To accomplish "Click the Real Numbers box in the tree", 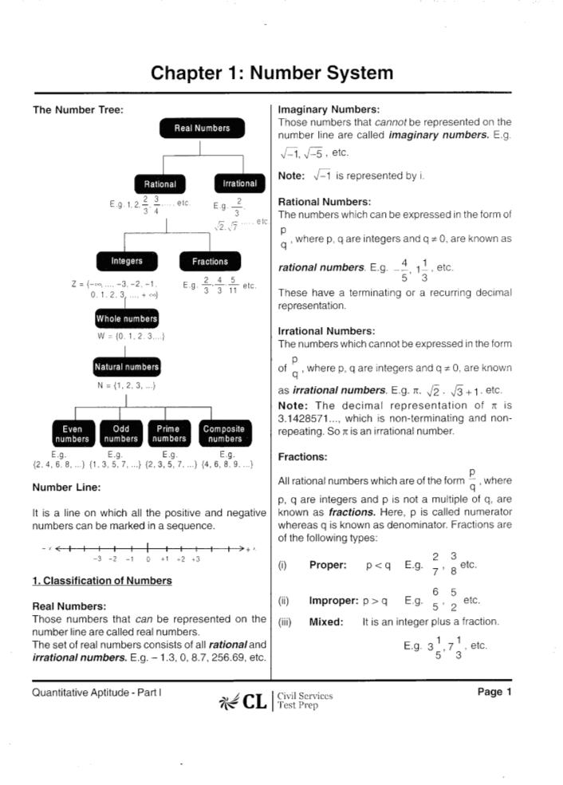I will pos(202,128).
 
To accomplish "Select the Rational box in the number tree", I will pos(159,184).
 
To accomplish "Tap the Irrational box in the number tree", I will pos(239,183).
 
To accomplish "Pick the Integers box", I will pos(127,261).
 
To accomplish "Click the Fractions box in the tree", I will pos(210,262).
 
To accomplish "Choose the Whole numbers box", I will pos(127,319).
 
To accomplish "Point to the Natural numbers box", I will pos(127,367).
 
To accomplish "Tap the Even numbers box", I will pos(72,433).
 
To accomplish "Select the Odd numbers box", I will pos(121,433).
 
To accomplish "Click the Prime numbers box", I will pos(169,433).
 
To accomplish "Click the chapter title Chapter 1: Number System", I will pos(272,73).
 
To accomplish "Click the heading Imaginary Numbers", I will pos(328,109).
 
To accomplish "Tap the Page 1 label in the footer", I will pos(494,692).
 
